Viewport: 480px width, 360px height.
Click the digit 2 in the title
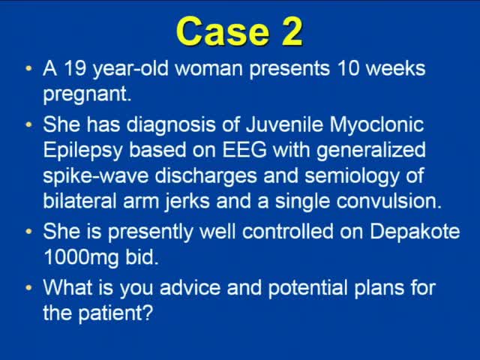(288, 31)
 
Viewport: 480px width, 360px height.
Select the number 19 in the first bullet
(73, 69)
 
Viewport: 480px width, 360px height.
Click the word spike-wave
(94, 176)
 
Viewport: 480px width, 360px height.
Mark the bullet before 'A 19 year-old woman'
(28, 70)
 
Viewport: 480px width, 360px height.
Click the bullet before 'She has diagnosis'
(28, 124)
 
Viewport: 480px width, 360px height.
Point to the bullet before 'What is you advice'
(28, 287)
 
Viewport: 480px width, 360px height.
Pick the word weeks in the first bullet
(391, 69)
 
